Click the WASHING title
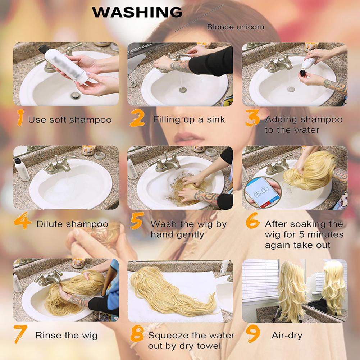(x=137, y=12)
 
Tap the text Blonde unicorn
(x=236, y=27)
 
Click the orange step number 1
(x=20, y=117)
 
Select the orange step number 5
(x=137, y=221)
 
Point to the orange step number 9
(x=253, y=334)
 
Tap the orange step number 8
(x=137, y=334)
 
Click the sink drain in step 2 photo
(x=183, y=90)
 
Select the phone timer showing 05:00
(x=263, y=192)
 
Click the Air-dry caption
(x=287, y=336)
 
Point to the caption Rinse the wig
(x=66, y=336)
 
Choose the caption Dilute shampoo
(x=72, y=224)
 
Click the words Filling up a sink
(x=189, y=120)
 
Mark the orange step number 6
(x=252, y=221)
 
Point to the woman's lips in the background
(x=189, y=138)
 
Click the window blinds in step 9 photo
(x=260, y=280)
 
